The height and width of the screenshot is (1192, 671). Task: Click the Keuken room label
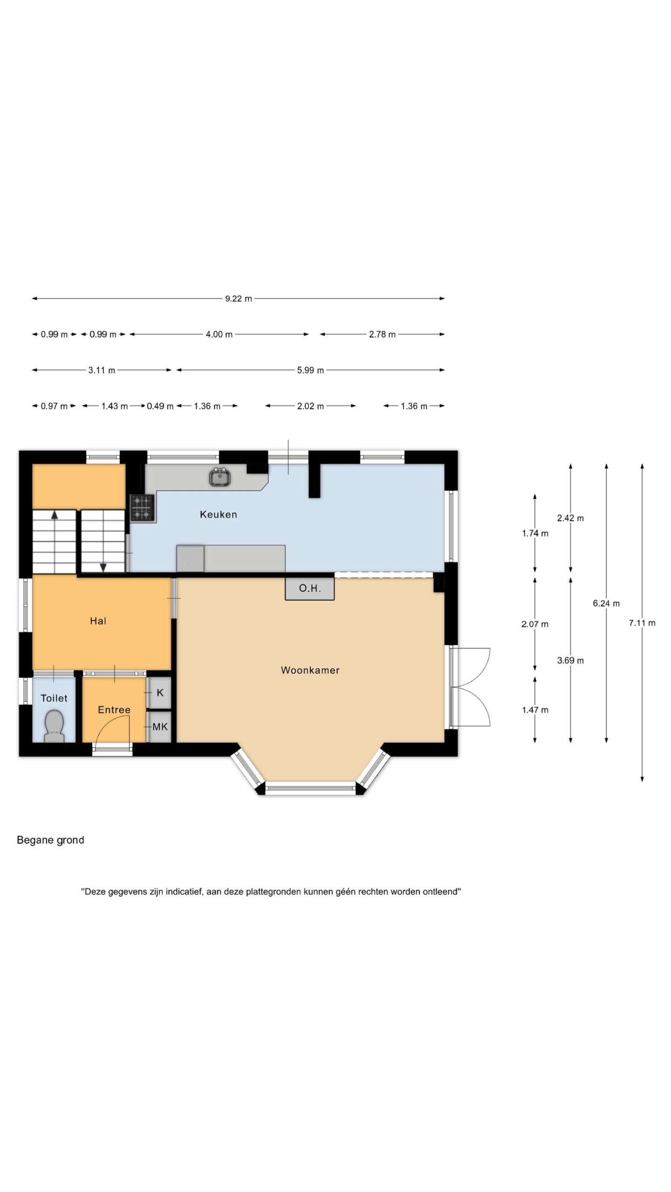click(x=218, y=515)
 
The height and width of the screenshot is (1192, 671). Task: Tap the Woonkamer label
click(x=310, y=670)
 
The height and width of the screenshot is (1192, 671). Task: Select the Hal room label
click(x=98, y=621)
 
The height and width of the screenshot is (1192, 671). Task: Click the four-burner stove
click(x=143, y=508)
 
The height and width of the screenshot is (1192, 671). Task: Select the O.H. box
click(x=310, y=589)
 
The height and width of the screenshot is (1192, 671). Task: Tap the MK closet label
click(x=160, y=726)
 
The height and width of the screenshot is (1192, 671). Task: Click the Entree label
click(x=114, y=710)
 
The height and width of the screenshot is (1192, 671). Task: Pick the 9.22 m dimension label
click(x=239, y=298)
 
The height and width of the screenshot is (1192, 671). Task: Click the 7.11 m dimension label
click(x=642, y=623)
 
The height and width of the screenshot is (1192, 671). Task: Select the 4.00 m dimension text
click(x=219, y=334)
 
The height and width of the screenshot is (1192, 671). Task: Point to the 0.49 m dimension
click(x=160, y=406)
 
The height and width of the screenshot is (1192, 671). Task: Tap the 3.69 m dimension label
click(x=570, y=660)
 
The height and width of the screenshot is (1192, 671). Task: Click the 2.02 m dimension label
click(x=310, y=406)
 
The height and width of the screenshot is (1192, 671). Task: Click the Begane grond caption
click(x=50, y=840)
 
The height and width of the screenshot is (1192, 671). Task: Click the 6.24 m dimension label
click(x=606, y=603)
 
